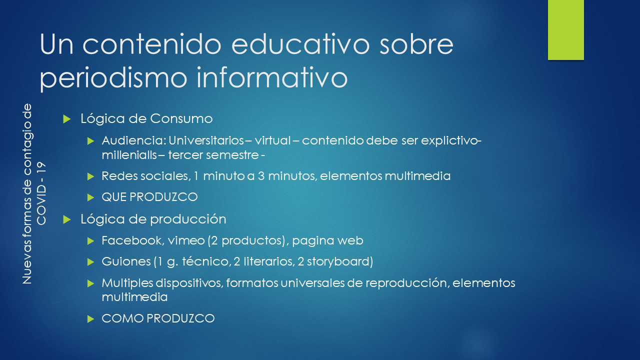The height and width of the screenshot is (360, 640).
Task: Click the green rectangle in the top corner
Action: point(565,30)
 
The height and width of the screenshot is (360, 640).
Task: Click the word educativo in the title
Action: point(300,44)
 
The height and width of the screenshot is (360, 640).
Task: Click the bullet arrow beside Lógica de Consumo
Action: point(67,119)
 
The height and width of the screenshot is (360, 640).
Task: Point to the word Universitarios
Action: point(206,140)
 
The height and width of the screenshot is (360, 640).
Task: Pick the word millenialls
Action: point(129,155)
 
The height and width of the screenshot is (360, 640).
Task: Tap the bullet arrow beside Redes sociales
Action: point(91,176)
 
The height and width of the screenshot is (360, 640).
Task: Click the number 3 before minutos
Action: point(261,176)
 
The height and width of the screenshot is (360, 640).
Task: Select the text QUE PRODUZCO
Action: point(149,197)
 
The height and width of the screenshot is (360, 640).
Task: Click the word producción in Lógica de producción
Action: point(188,219)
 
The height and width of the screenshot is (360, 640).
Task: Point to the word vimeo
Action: point(186,241)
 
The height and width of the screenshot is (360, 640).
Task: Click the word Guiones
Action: point(126,261)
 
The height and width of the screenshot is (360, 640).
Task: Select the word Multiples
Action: point(127,283)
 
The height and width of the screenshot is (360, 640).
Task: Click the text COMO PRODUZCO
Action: point(158,318)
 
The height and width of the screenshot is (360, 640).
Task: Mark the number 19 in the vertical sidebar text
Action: point(41,168)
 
